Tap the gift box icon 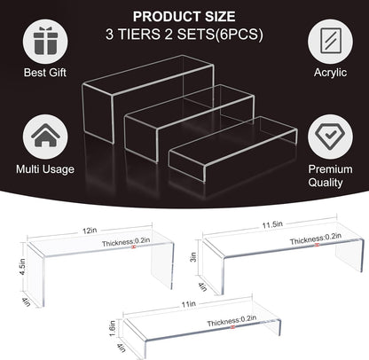[x=44, y=42]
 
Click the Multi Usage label [x=44, y=168]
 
